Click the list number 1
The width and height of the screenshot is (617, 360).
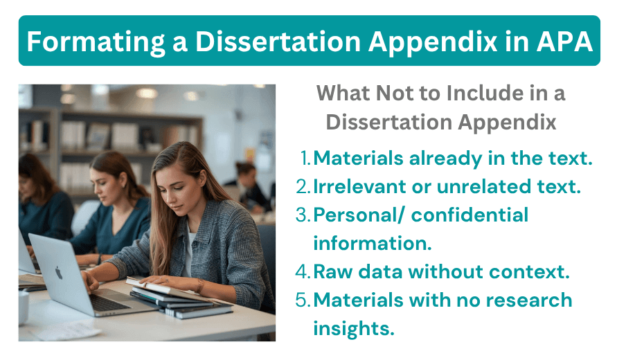[305, 159]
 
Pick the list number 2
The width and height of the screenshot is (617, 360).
[303, 187]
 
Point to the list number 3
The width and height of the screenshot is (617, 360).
[303, 215]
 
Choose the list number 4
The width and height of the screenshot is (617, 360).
[303, 272]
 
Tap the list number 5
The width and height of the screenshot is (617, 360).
[303, 300]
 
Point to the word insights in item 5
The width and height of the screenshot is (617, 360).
[354, 328]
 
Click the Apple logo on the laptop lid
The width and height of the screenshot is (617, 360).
[59, 272]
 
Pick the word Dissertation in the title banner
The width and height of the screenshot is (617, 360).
[280, 42]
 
